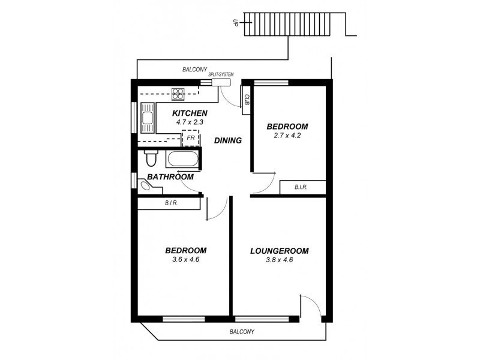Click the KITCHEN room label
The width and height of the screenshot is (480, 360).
[x=190, y=113]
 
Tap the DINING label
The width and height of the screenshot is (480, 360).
[x=228, y=140]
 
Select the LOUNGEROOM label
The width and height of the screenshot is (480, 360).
[x=279, y=250]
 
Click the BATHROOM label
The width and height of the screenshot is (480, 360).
[x=170, y=177]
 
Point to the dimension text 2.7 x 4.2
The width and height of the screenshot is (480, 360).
[x=287, y=136]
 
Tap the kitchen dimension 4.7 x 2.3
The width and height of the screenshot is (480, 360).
[x=190, y=122]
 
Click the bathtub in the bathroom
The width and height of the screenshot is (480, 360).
[x=183, y=159]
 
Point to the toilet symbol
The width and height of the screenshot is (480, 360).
[x=151, y=159]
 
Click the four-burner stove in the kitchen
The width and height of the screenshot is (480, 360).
[x=178, y=94]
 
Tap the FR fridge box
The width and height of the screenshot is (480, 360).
[x=191, y=139]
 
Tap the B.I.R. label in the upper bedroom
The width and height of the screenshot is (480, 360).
[x=301, y=187]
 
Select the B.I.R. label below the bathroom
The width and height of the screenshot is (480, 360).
[x=171, y=203]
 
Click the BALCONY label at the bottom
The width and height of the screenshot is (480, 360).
[x=242, y=331]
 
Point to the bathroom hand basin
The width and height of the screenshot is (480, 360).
[x=144, y=186]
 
